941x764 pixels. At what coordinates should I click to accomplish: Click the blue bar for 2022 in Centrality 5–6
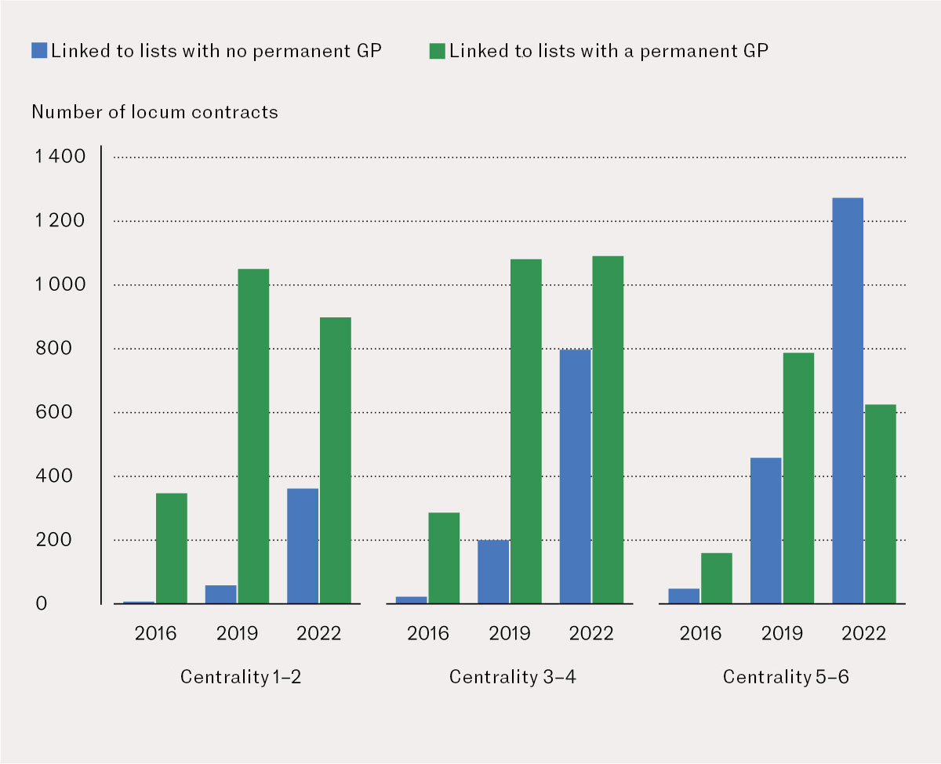pos(847,400)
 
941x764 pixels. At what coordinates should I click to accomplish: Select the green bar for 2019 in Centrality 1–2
pos(253,436)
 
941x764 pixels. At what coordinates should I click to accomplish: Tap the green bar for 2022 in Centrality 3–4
pos(608,430)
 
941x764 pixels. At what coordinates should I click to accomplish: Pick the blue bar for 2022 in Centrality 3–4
pos(575,476)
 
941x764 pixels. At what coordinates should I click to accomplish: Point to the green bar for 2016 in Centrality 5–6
pos(717,578)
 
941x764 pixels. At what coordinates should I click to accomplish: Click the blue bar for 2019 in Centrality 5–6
pos(765,530)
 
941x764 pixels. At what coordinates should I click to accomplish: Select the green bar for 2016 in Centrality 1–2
pos(172,549)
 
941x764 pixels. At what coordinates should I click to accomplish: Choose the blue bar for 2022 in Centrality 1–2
pos(303,546)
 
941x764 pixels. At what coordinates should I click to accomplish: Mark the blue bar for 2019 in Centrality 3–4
pos(493,572)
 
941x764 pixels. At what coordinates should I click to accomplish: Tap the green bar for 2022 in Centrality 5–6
pos(880,504)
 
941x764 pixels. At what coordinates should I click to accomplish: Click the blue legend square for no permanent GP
pos(40,51)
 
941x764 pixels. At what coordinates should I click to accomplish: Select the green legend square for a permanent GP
pos(438,51)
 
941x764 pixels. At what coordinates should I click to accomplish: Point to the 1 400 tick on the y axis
pos(60,158)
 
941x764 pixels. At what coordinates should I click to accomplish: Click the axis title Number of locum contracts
pos(154,112)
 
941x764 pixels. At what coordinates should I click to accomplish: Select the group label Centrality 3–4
pos(512,676)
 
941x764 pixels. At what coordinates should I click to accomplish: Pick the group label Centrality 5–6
pos(785,676)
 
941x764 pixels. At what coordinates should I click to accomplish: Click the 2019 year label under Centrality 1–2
pos(237,633)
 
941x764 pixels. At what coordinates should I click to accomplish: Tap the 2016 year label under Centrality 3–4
pos(428,633)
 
